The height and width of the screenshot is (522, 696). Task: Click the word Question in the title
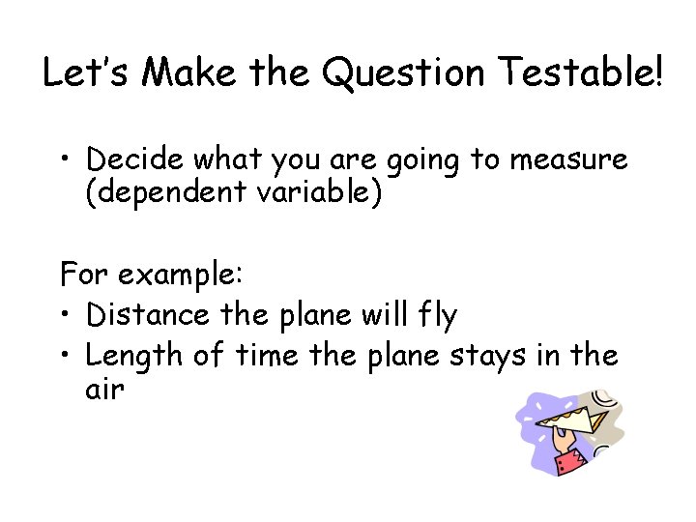tap(404, 73)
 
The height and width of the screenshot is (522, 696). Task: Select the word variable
tap(314, 192)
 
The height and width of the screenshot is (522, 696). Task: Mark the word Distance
tap(146, 314)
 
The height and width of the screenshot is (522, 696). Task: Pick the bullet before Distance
tap(67, 315)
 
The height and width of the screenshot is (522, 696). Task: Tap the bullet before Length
tap(67, 356)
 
